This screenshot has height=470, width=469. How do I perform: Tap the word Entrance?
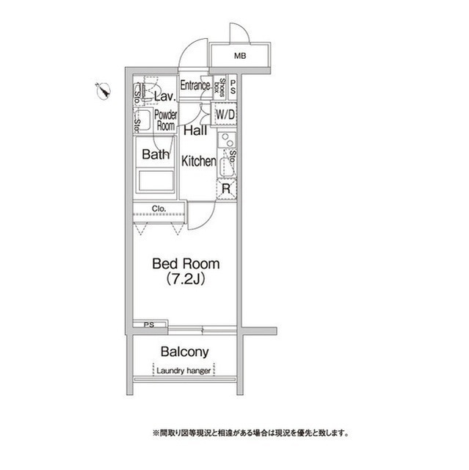click(x=195, y=85)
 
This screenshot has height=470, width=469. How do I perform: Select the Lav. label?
click(x=164, y=96)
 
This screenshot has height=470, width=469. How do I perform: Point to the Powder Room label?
click(x=165, y=120)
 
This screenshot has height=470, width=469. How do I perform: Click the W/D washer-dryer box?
click(x=225, y=115)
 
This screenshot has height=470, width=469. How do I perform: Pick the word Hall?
click(x=194, y=131)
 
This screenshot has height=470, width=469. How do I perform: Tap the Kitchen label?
click(x=198, y=161)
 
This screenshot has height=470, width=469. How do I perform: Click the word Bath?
click(x=156, y=154)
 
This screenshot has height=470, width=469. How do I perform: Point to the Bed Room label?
click(x=186, y=263)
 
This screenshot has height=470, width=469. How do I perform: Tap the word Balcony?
click(x=185, y=352)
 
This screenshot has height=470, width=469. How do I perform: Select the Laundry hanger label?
click(x=184, y=371)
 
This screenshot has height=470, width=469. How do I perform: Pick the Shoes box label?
click(x=220, y=87)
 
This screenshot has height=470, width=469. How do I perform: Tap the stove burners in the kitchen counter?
click(x=227, y=141)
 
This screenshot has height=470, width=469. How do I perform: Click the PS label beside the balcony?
click(x=149, y=324)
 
